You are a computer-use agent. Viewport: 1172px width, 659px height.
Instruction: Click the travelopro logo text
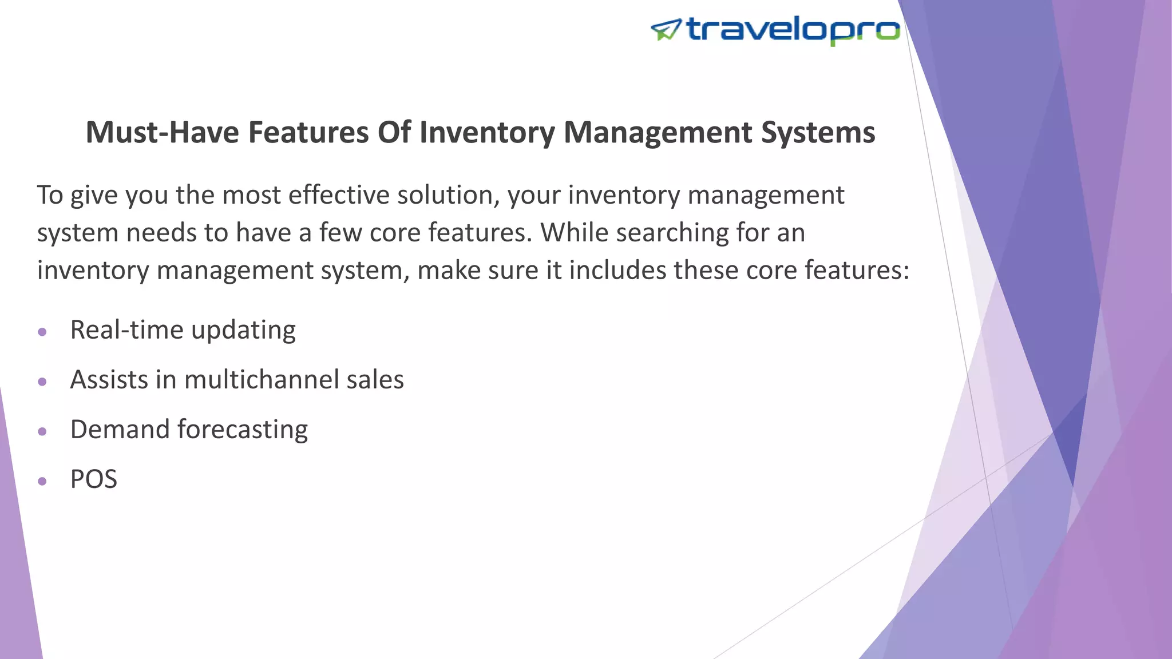(793, 30)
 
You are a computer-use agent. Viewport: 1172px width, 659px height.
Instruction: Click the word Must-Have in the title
(162, 132)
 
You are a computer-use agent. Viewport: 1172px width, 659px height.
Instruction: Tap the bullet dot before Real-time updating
(42, 332)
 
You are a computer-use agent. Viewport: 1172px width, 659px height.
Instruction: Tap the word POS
(93, 479)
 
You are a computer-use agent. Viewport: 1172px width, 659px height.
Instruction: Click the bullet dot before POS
(42, 481)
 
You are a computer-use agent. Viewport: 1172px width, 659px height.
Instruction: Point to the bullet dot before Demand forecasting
(42, 431)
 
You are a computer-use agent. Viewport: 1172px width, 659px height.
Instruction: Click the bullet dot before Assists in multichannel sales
(42, 382)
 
